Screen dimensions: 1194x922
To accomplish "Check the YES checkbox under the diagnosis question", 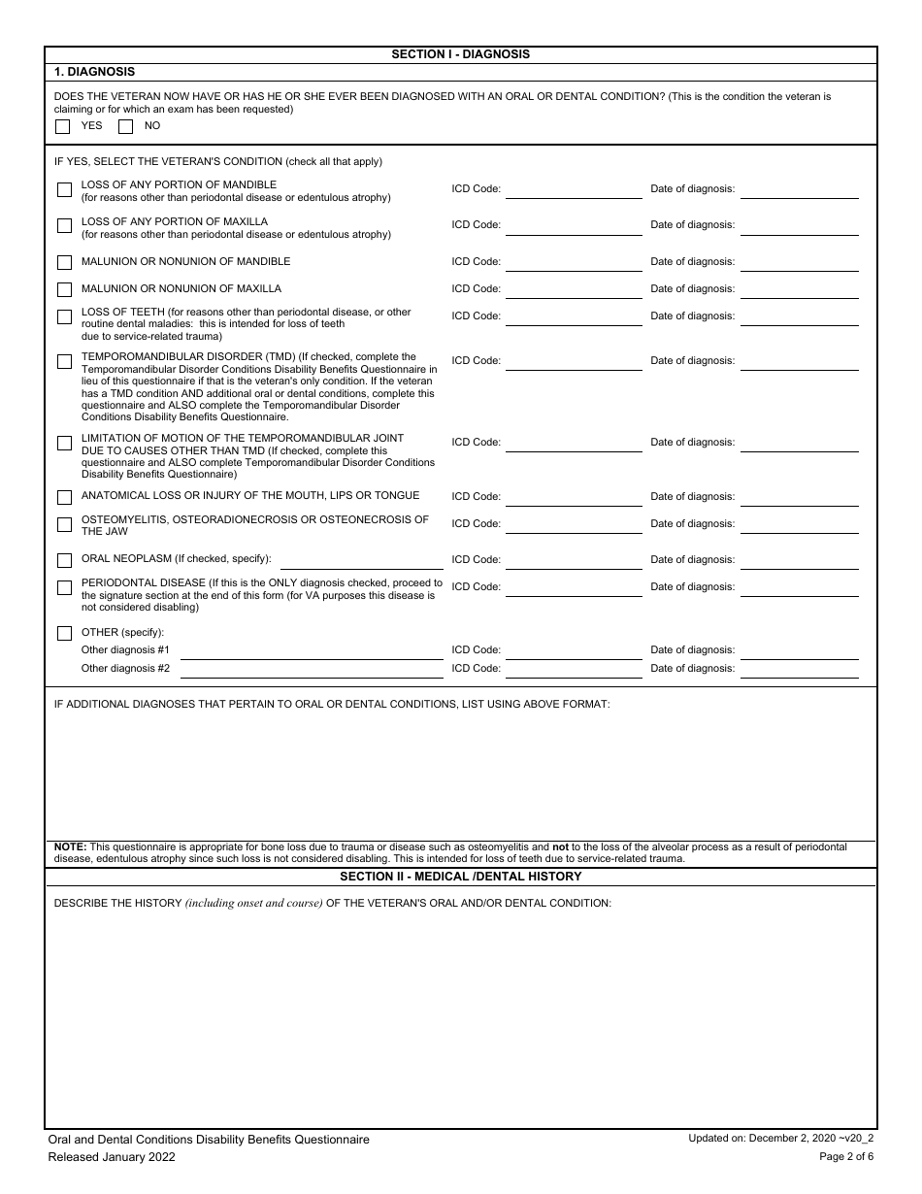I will click(63, 126).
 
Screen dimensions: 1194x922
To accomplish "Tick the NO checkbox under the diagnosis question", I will click(125, 126).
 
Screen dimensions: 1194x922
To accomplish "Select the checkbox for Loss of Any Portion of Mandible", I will click(64, 190).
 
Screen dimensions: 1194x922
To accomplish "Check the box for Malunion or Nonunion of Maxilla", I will click(64, 289).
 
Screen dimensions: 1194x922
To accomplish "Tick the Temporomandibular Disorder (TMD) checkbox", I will click(64, 361).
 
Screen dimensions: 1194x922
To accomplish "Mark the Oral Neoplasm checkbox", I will click(64, 560).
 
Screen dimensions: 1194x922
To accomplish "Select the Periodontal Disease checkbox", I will click(64, 587).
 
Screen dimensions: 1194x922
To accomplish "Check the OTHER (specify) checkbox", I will click(64, 633).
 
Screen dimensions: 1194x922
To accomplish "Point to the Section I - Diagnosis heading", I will click(460, 54).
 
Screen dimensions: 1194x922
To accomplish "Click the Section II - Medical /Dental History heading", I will click(460, 877).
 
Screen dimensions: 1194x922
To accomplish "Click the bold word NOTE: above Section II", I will click(70, 847).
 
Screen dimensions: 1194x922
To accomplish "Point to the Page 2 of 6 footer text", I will click(846, 1156).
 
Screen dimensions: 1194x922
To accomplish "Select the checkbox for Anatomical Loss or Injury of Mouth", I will click(64, 497).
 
